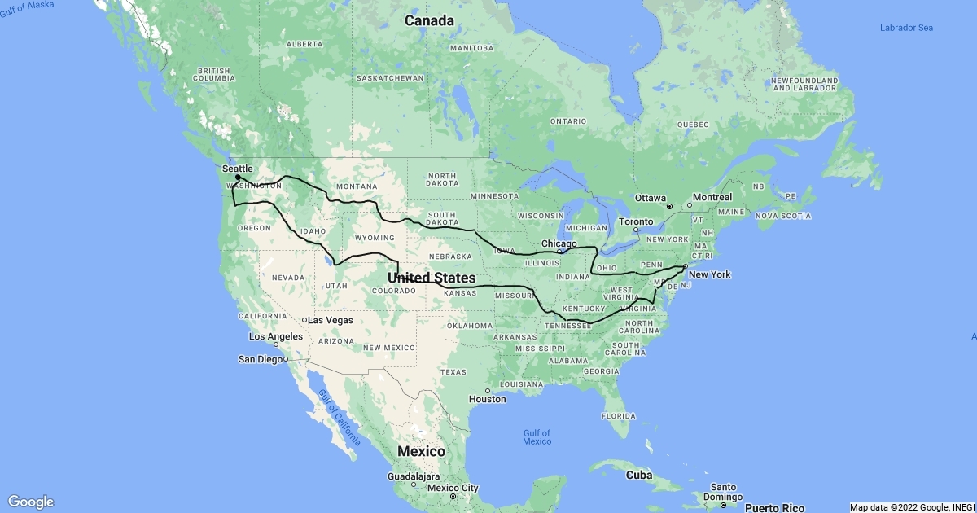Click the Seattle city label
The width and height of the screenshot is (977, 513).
(x=238, y=169)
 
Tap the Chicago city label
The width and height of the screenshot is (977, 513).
(x=559, y=243)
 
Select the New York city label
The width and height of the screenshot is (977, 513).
(x=709, y=274)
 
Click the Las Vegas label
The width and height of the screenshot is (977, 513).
(x=328, y=320)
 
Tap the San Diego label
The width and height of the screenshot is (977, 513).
(x=260, y=358)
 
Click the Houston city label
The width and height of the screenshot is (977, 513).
(x=488, y=399)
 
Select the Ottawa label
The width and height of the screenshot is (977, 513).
(x=651, y=198)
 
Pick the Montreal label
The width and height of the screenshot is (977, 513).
(x=712, y=197)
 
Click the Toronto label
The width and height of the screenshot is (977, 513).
(x=635, y=221)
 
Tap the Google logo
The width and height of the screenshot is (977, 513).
(x=31, y=502)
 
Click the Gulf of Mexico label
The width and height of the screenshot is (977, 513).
(x=537, y=437)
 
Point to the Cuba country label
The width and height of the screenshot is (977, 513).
(x=638, y=474)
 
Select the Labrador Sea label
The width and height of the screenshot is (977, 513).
(x=906, y=28)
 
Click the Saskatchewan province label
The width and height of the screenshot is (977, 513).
(x=390, y=78)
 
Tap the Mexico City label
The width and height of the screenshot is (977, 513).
(x=453, y=489)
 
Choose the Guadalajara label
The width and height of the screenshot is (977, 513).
(x=414, y=476)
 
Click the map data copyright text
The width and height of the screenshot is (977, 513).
(x=910, y=507)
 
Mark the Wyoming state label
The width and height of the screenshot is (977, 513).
(x=375, y=238)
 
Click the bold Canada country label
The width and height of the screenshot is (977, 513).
(x=430, y=21)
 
